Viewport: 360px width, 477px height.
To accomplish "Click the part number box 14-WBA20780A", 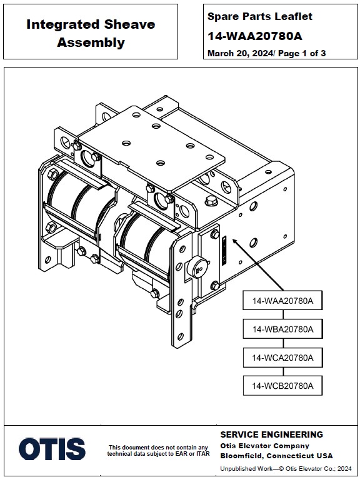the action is pos(282,329).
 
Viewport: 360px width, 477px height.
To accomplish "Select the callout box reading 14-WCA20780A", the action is pos(282,358).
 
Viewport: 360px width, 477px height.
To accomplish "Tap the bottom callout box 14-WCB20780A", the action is pos(282,386).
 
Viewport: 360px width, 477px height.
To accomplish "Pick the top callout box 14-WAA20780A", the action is pos(282,301).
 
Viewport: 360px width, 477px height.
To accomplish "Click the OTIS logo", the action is pos(52,449).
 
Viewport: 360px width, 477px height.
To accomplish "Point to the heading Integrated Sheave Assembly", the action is pos(91,33).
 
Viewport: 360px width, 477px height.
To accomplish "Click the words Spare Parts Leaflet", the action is pos(259,16).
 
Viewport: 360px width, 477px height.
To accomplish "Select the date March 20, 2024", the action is pos(240,54).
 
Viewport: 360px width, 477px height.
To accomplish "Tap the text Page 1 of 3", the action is pos(302,54).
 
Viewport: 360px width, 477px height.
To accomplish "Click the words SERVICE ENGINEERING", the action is pos(271,434).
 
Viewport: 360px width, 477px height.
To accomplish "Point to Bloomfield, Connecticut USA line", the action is pos(276,456).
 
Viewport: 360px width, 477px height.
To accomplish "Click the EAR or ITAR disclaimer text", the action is pos(158,451).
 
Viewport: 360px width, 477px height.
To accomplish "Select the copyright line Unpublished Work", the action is pos(286,469).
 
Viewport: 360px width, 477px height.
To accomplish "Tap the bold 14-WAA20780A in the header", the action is pos(255,36).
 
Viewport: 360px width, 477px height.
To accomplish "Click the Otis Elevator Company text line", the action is pos(264,446).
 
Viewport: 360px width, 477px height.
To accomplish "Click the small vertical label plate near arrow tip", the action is pos(224,250).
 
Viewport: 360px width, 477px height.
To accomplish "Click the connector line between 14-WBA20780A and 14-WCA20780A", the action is pos(283,343).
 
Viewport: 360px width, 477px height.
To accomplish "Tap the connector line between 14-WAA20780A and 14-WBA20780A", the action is pos(283,314).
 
